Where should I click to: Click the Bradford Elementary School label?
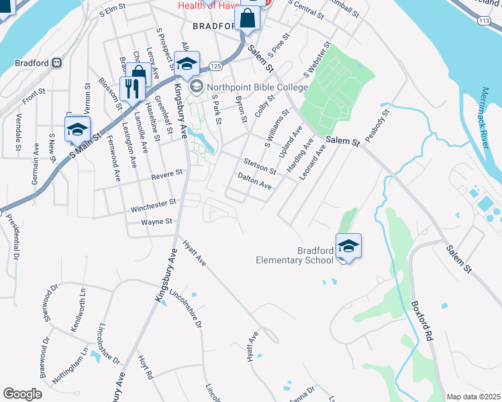(295, 255)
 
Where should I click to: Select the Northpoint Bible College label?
(257, 87)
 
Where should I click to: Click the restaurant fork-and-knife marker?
(130, 88)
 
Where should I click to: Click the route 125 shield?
(215, 66)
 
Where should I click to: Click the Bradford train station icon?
(57, 64)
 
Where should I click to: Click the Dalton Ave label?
(254, 181)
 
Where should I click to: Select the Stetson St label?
(259, 166)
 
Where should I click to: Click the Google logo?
(23, 394)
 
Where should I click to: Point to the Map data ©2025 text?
(473, 397)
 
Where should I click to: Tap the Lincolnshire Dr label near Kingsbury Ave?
(185, 304)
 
